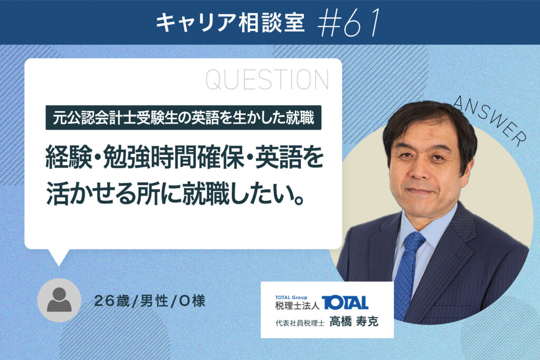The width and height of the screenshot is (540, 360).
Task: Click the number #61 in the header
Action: [x=349, y=23]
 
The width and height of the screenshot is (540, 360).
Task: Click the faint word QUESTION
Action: [x=267, y=80]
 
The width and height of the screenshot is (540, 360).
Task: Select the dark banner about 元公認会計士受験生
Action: [x=183, y=118]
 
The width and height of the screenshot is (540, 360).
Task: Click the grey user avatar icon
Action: [x=59, y=300]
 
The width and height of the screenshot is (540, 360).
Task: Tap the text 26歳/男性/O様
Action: [x=149, y=301]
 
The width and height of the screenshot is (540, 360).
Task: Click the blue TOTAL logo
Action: [x=345, y=303]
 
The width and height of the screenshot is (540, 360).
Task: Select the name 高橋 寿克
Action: [x=354, y=322]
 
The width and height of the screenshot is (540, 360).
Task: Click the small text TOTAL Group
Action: [x=291, y=298]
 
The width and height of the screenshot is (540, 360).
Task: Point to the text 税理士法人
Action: [x=297, y=305]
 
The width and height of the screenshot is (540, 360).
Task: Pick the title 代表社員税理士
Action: [x=300, y=323]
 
